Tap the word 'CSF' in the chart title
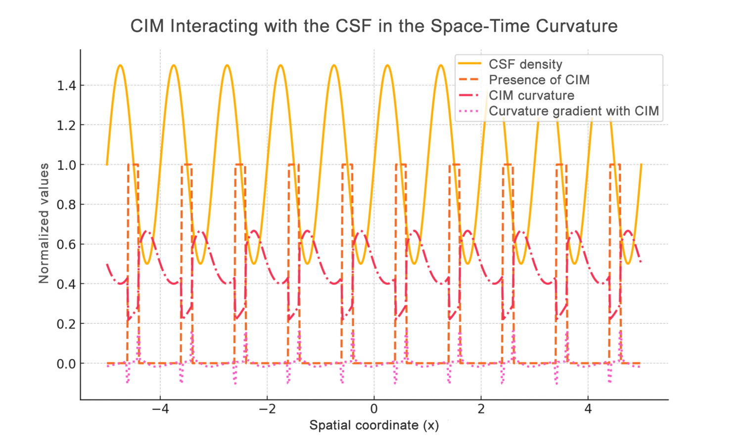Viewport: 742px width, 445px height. point(354,26)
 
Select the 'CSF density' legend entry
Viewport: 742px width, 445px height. point(525,64)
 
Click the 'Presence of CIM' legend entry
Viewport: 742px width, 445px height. point(539,80)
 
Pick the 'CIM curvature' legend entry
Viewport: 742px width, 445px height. point(531,95)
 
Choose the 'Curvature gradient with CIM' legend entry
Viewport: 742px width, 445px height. point(574,111)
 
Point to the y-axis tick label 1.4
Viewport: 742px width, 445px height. point(66,86)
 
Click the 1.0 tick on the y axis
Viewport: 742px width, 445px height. point(66,165)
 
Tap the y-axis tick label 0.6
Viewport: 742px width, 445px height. point(66,244)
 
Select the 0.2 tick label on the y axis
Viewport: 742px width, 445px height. point(66,324)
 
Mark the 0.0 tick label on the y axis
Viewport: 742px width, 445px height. point(66,364)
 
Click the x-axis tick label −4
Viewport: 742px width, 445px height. point(160,409)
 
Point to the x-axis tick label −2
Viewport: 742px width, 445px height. point(267,409)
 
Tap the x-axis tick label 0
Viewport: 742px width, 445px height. point(374,409)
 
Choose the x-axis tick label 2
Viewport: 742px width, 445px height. point(481,409)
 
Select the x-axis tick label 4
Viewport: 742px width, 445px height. point(588,409)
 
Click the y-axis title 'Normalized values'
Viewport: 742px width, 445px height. point(44,223)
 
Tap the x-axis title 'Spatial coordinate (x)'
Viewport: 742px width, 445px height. point(374,425)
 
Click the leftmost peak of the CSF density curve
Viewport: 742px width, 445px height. point(120,65)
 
